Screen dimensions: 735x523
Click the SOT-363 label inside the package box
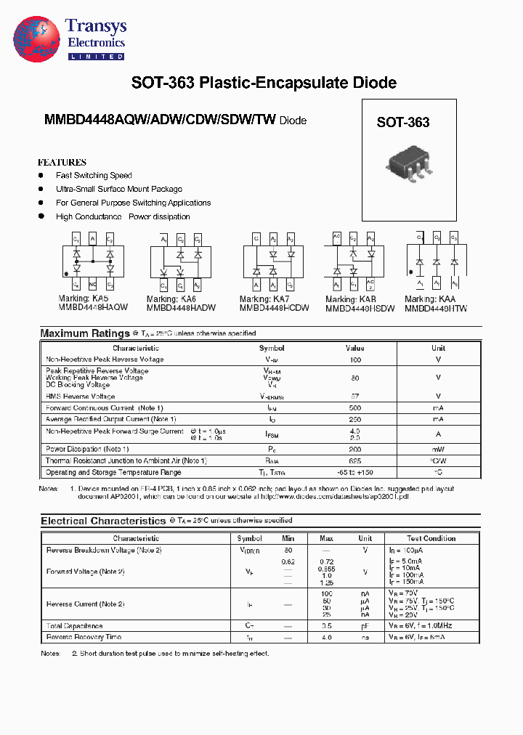(x=402, y=123)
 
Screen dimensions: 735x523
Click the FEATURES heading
(x=62, y=163)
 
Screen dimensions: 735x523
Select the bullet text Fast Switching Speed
(x=94, y=176)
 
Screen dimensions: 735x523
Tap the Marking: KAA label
(x=430, y=299)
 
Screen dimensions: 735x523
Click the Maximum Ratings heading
(x=84, y=333)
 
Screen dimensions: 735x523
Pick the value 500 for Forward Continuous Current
(x=354, y=408)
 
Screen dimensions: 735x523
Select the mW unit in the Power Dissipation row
(x=438, y=449)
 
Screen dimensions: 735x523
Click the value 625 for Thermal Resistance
(x=354, y=460)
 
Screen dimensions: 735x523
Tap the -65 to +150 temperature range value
(x=354, y=472)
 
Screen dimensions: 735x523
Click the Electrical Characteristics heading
(x=103, y=521)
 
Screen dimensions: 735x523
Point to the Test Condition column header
(x=431, y=538)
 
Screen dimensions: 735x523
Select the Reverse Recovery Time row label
(x=84, y=637)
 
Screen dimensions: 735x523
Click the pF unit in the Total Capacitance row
(x=365, y=625)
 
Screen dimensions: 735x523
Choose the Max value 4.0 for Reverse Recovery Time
(x=326, y=637)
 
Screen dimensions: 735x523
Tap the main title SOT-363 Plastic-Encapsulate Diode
(x=264, y=83)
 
